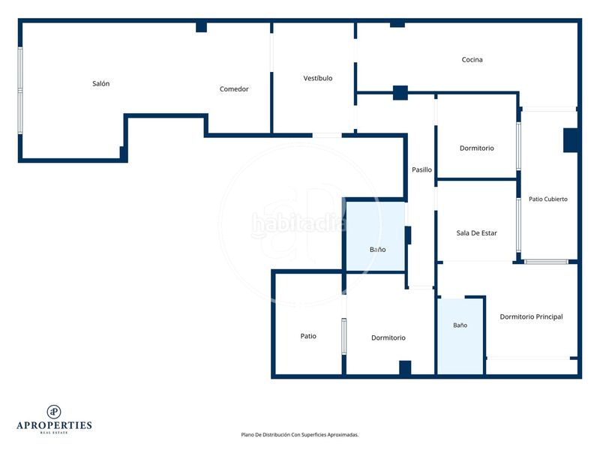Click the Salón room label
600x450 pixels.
[101, 83]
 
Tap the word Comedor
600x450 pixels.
[234, 88]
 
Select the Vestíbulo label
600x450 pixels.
[317, 78]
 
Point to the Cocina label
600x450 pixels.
[472, 59]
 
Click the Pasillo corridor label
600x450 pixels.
[421, 169]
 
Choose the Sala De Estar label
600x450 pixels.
[476, 232]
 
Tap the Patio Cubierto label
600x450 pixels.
[548, 199]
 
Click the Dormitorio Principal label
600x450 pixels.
[531, 316]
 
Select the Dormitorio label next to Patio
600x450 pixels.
[388, 337]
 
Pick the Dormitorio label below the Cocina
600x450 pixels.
[476, 148]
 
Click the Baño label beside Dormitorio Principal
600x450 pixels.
[460, 325]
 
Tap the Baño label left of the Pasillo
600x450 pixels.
[377, 250]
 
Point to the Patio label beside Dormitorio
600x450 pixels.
[308, 336]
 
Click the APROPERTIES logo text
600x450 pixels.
[54, 425]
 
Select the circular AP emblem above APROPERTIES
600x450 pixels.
[54, 412]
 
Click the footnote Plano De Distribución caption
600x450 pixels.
[299, 435]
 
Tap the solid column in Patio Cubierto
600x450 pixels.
[571, 140]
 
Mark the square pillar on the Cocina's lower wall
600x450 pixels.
[400, 92]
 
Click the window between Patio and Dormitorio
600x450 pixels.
[344, 336]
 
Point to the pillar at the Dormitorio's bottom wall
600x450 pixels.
[405, 367]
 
